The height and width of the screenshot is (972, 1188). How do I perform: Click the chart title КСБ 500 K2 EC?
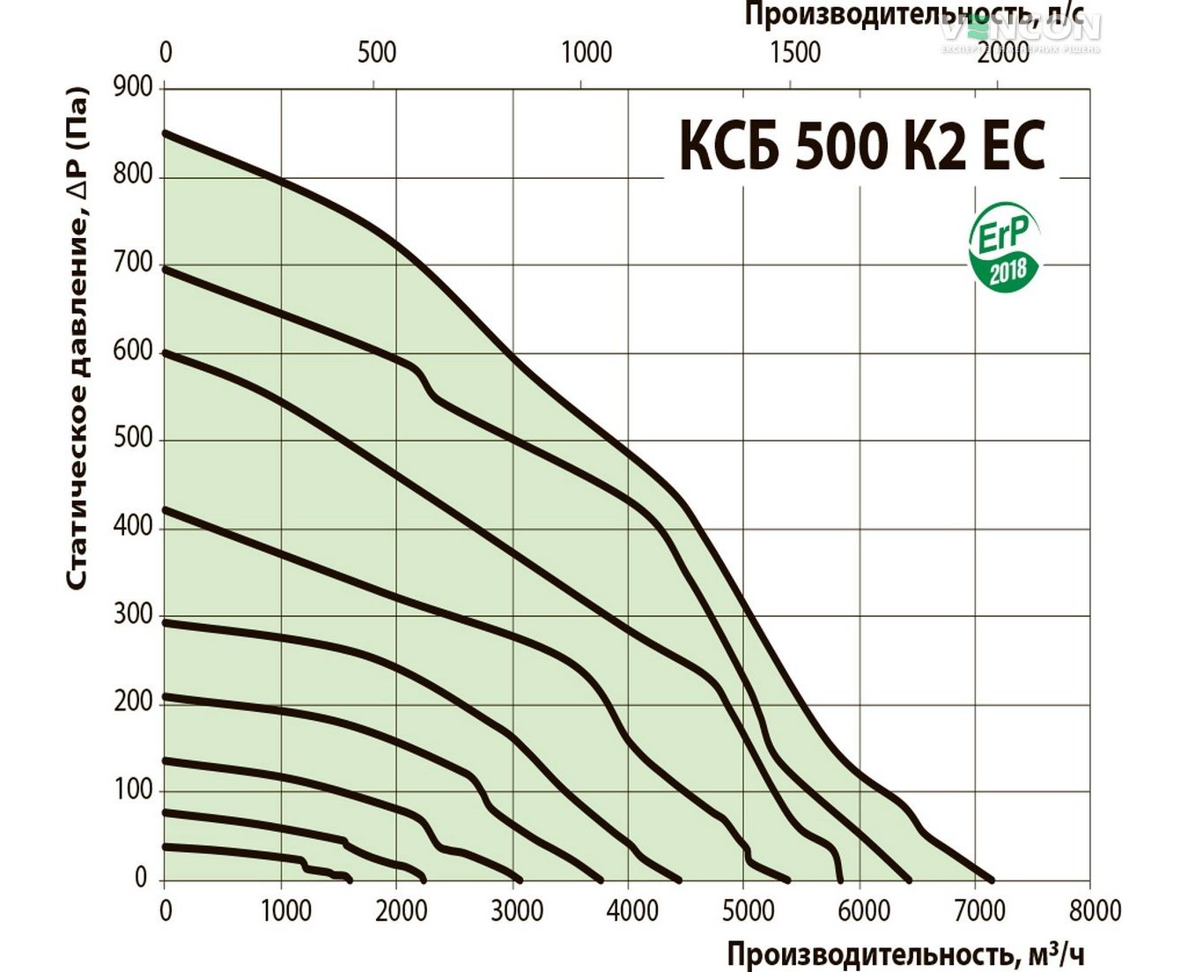click(x=861, y=145)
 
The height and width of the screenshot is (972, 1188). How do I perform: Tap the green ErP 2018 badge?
click(x=1004, y=251)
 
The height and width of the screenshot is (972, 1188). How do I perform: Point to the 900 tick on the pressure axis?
click(x=132, y=87)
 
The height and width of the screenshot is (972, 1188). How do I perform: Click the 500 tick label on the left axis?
click(x=132, y=438)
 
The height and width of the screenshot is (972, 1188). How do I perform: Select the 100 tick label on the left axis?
click(x=132, y=789)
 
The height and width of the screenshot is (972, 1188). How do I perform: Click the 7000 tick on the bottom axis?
click(x=978, y=910)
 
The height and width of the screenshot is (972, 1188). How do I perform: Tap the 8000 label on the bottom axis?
click(x=1094, y=910)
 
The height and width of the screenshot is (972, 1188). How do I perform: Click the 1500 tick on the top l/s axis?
click(x=795, y=52)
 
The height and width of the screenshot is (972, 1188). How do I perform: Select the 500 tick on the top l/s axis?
click(x=377, y=52)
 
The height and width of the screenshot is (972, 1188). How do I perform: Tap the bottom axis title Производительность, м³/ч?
click(x=905, y=953)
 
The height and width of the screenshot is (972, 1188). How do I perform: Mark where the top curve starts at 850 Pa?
click(x=166, y=133)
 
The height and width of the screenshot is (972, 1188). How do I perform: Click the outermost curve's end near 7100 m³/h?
click(x=992, y=879)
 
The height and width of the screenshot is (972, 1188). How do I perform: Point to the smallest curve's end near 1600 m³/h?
click(x=349, y=879)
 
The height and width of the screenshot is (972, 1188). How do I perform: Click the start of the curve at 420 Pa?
click(x=166, y=510)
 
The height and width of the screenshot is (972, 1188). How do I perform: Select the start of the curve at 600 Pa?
click(x=166, y=353)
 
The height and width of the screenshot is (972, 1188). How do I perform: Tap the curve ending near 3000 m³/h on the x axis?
click(x=519, y=879)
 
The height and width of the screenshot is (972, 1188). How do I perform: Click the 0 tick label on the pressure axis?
click(x=141, y=878)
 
